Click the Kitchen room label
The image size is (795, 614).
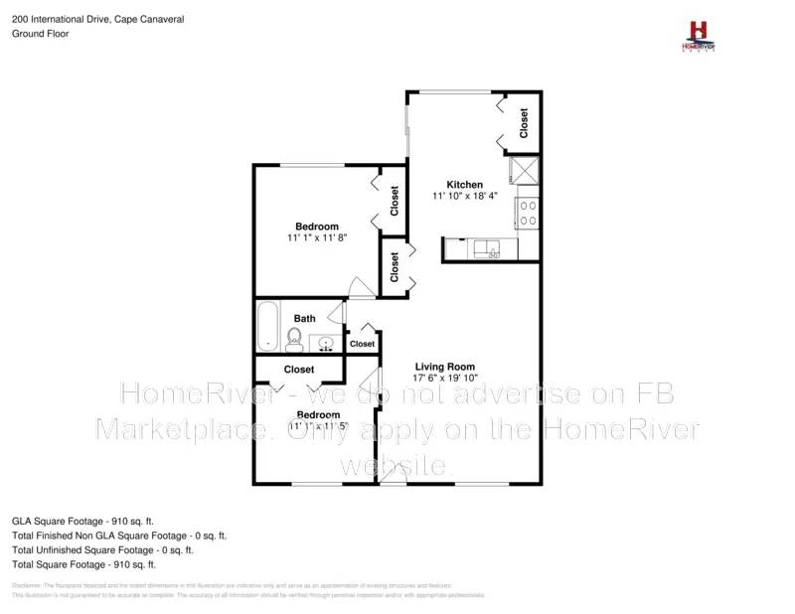coord(464,185)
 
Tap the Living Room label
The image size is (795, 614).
coord(444,366)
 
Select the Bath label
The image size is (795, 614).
coord(304,319)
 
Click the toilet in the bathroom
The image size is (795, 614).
coord(294,341)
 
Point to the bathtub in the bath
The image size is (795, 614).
coord(268,327)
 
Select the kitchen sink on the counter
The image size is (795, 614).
coord(487,247)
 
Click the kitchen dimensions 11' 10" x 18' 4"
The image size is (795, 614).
coord(464,197)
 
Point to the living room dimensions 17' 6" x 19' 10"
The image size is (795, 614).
coord(446,378)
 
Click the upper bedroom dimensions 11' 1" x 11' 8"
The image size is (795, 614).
coord(317,238)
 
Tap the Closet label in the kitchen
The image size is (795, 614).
coord(524,123)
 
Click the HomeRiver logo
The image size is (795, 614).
coord(698,35)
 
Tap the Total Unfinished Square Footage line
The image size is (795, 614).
coord(101,549)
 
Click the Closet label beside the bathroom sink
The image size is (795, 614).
coord(362,344)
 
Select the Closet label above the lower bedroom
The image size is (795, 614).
coord(298,370)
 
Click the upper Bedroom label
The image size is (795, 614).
coord(317,227)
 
